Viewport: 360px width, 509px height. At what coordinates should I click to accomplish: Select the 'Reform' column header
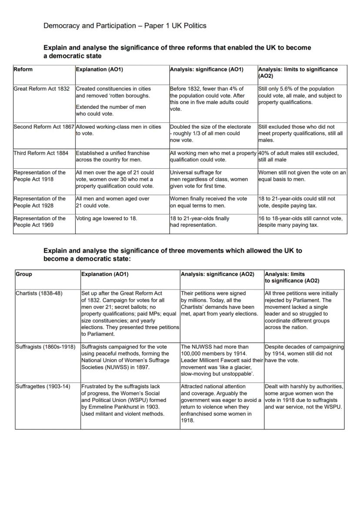click(23, 69)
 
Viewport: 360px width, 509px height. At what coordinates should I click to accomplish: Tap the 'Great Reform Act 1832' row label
click(41, 89)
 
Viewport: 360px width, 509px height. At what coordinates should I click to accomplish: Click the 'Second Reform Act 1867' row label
click(44, 127)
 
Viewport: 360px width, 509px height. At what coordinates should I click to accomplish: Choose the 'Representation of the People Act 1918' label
click(40, 176)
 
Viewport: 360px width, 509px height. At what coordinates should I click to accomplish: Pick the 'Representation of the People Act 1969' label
click(40, 222)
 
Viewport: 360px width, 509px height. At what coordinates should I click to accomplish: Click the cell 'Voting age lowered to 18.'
click(107, 218)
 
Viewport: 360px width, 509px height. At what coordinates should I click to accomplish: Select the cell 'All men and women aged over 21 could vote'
click(113, 202)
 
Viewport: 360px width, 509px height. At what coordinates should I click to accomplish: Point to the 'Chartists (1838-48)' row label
click(39, 293)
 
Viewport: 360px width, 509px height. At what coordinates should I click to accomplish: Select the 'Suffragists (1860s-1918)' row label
click(46, 347)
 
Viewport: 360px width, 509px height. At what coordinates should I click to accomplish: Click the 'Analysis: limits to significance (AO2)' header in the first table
click(298, 72)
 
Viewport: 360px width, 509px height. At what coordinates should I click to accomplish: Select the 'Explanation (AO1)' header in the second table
click(105, 274)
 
